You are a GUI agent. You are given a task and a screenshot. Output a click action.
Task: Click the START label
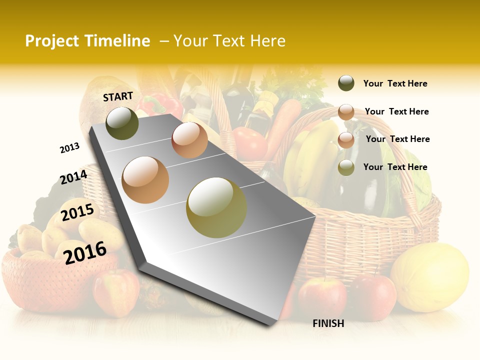click(118, 96)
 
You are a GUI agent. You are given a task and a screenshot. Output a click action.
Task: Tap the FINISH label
click(328, 323)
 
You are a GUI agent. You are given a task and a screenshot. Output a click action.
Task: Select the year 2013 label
click(69, 148)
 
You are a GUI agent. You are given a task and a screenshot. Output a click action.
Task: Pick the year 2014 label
click(73, 177)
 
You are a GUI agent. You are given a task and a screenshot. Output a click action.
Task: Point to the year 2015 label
click(77, 212)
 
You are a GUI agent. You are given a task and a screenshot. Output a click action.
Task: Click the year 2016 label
click(85, 252)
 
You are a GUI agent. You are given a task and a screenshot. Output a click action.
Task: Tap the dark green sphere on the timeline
click(122, 123)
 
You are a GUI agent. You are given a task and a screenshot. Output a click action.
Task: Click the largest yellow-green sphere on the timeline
click(216, 207)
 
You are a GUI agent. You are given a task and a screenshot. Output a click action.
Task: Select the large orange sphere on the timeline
click(145, 179)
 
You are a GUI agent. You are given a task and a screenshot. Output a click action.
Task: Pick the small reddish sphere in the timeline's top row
click(189, 140)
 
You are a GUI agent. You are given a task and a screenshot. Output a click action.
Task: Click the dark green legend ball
click(346, 83)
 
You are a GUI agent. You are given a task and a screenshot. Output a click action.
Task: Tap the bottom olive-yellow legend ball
click(346, 167)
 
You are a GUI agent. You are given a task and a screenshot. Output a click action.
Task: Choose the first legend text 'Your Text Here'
click(395, 83)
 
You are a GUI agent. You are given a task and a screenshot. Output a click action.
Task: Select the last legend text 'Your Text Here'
click(395, 167)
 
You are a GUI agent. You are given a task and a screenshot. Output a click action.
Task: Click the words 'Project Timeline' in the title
click(87, 41)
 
